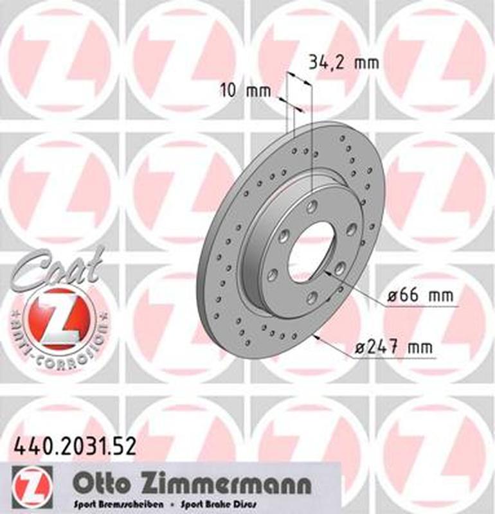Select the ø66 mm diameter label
[x=421, y=297]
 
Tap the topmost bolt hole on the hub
[x=312, y=206]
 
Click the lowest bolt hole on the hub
[x=311, y=296]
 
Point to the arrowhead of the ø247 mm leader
[x=316, y=336]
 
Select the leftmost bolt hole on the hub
[x=272, y=275]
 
